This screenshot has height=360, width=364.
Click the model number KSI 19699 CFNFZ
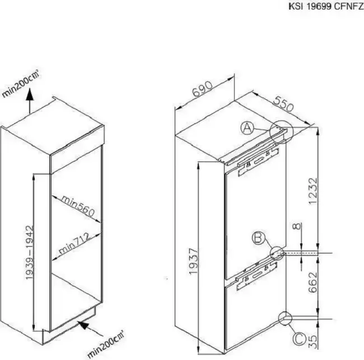(x=326, y=6)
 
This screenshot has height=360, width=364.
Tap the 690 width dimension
(x=202, y=89)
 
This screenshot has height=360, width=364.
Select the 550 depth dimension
(x=283, y=104)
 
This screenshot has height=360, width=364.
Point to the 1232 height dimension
(x=312, y=191)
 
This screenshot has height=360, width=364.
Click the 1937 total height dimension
(x=193, y=261)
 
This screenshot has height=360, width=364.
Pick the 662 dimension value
(x=312, y=283)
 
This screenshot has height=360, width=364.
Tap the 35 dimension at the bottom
(x=313, y=341)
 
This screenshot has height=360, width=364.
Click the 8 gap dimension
(x=297, y=226)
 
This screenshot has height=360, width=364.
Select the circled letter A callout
(x=247, y=128)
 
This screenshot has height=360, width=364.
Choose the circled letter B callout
(x=258, y=238)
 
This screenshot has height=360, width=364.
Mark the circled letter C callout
(x=300, y=339)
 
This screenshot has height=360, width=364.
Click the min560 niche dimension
(x=78, y=206)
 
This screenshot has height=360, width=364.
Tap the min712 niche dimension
(x=74, y=243)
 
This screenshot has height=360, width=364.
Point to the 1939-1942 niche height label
(x=30, y=252)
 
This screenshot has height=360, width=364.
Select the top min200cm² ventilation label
(x=20, y=83)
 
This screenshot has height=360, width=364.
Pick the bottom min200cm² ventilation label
(x=106, y=344)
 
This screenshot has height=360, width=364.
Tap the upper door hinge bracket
(x=258, y=161)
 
